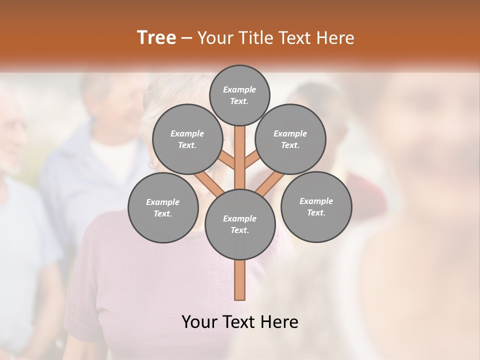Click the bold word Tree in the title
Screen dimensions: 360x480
click(156, 38)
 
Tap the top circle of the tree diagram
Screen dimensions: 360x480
click(239, 95)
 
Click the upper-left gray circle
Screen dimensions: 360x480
click(187, 139)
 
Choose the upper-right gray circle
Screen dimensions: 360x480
click(290, 139)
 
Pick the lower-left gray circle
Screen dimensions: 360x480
click(162, 207)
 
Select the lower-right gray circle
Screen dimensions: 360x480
click(316, 206)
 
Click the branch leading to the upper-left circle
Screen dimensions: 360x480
click(227, 161)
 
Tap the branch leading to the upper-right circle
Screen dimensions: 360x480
click(251, 161)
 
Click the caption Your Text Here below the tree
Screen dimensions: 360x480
click(239, 322)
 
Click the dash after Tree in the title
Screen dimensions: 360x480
click(186, 38)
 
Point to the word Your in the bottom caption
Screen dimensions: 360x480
click(199, 322)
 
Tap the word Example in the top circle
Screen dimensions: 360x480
click(239, 89)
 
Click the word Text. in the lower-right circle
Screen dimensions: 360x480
click(316, 212)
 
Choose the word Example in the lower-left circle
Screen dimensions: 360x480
click(162, 202)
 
